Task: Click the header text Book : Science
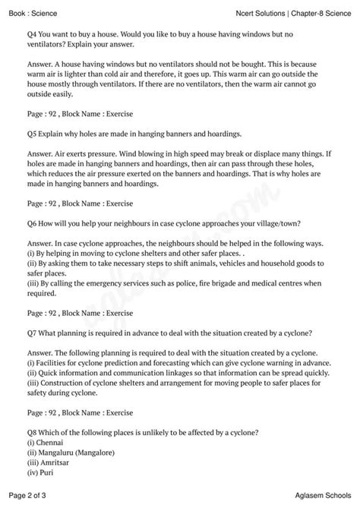point(28,14)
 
